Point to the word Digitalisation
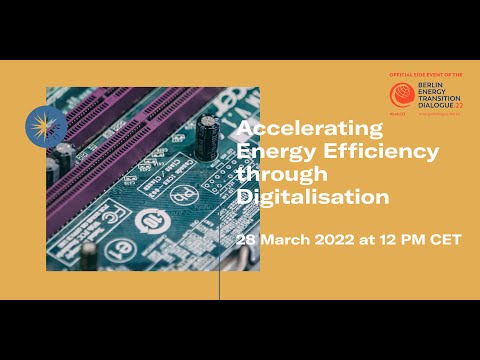[x=312, y=197]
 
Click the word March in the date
[x=290, y=241]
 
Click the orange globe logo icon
[x=401, y=95]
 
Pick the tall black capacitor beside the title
[x=208, y=135]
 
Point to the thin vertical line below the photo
[x=219, y=285]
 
